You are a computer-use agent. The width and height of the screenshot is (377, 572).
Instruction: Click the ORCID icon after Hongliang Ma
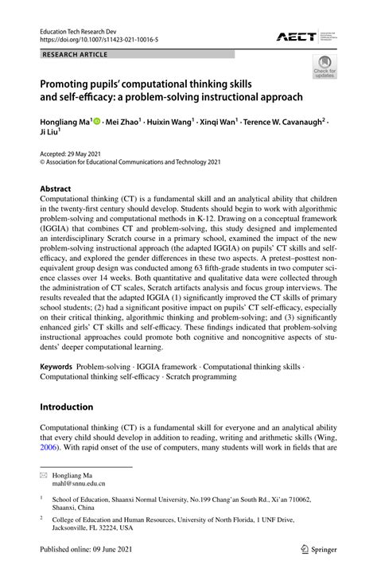(x=97, y=122)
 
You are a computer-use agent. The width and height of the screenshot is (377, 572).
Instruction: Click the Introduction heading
(x=67, y=407)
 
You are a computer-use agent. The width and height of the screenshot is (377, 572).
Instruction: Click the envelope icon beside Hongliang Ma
(x=44, y=473)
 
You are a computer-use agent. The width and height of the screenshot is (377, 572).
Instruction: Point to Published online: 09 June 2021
(x=85, y=549)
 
